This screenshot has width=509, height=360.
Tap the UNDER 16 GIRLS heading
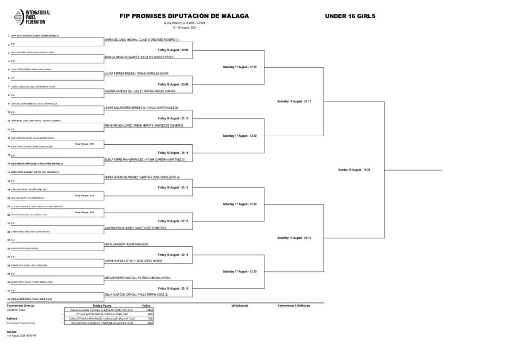(x=350, y=16)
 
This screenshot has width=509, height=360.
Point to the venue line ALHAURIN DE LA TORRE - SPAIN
(x=183, y=23)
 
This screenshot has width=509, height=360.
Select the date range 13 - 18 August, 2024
(x=183, y=28)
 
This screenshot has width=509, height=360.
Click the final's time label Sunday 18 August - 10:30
(x=353, y=170)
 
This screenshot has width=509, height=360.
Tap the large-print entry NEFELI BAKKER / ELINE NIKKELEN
(x=127, y=244)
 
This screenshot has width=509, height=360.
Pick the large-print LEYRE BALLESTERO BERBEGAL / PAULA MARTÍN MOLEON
(x=141, y=108)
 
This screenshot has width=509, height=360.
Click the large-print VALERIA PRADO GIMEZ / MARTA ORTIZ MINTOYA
(x=135, y=227)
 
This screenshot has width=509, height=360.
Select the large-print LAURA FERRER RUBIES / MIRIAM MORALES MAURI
(x=137, y=73)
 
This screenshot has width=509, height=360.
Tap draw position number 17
(x=9, y=172)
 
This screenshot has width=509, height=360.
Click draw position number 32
(x=9, y=299)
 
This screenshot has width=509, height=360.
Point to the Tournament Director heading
(x=20, y=305)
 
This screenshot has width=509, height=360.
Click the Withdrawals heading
(x=240, y=305)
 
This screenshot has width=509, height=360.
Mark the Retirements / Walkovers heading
(x=294, y=305)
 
